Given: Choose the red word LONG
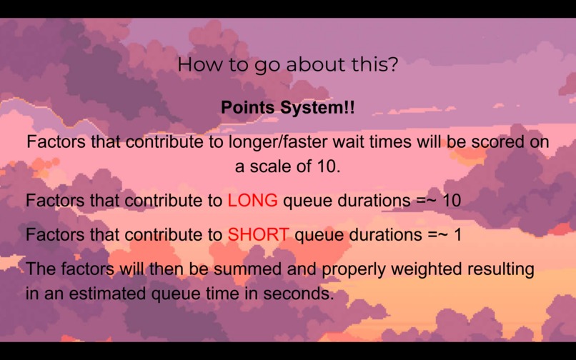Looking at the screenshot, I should (x=252, y=201).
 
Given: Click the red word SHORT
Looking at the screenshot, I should (x=258, y=234).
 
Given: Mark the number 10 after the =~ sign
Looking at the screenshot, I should (x=452, y=201).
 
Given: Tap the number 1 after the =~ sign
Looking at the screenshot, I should (x=458, y=234).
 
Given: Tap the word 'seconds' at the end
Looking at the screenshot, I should (x=303, y=294).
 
